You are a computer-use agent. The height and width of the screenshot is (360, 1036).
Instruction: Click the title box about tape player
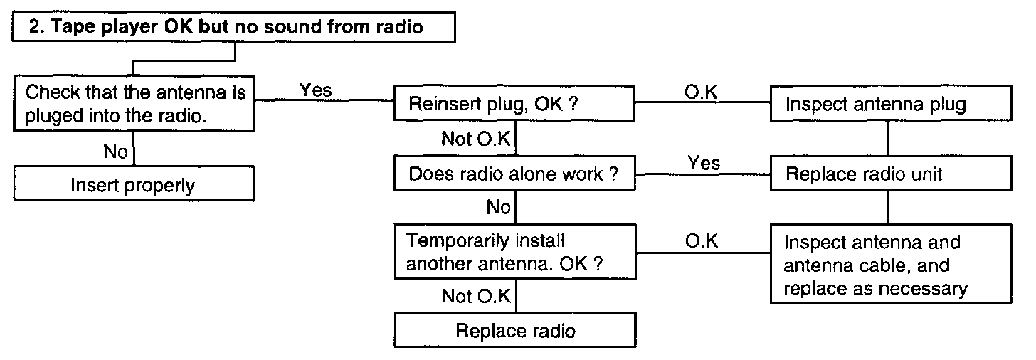click(x=233, y=27)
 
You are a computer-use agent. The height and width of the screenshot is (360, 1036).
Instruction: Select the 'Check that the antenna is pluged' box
click(x=134, y=104)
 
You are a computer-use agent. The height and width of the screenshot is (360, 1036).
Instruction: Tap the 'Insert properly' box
click(x=134, y=184)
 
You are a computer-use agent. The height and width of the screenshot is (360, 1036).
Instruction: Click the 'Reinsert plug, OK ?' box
click(x=514, y=103)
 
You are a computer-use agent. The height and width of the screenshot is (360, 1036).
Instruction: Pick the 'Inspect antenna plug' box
click(x=891, y=103)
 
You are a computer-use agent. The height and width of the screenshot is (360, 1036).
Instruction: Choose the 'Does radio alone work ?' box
click(x=514, y=174)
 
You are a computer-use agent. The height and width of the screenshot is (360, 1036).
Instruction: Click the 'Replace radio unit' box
click(x=891, y=174)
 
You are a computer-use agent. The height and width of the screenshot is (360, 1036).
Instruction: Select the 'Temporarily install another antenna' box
click(x=515, y=252)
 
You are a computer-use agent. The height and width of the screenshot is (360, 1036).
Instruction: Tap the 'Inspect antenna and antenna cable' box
click(x=891, y=264)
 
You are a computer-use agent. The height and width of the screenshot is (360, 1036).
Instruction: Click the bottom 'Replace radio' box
click(x=515, y=330)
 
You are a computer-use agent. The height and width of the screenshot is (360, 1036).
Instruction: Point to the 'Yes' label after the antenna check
click(x=315, y=90)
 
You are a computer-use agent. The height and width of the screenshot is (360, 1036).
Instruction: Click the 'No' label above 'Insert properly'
click(x=115, y=152)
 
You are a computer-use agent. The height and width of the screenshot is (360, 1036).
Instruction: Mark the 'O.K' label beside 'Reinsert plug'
click(x=701, y=92)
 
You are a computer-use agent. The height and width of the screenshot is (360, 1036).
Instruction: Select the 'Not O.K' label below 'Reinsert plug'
click(x=476, y=138)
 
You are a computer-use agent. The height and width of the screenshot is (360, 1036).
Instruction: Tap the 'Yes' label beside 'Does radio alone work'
click(x=704, y=163)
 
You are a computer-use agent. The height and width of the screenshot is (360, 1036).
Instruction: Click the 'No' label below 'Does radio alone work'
click(x=498, y=207)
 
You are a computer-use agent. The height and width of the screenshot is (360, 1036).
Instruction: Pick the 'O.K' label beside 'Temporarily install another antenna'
click(x=702, y=241)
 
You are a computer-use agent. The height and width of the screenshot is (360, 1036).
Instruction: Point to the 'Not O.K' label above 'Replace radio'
click(x=476, y=296)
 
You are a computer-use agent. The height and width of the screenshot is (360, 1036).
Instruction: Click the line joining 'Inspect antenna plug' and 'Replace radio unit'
click(x=887, y=138)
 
